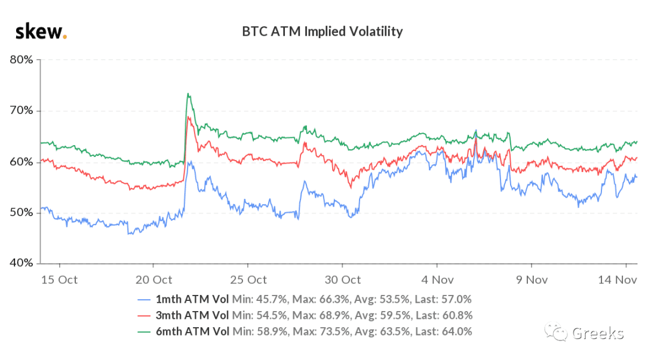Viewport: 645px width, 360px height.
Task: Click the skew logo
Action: (x=41, y=32)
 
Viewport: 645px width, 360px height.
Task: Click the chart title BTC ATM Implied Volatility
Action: (x=322, y=32)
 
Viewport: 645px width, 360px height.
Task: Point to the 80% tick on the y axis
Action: (x=21, y=60)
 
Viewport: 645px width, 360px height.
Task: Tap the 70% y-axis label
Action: (x=21, y=110)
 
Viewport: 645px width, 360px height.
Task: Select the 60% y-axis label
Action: (x=21, y=162)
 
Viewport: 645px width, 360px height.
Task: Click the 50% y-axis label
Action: (x=21, y=213)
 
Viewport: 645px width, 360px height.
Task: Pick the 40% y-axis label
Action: (x=21, y=263)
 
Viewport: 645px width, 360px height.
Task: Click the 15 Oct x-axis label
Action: (x=59, y=280)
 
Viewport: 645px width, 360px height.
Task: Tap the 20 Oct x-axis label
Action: (x=153, y=280)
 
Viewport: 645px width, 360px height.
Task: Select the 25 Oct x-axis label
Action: (x=248, y=280)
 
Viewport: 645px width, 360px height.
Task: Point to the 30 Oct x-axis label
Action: (x=343, y=280)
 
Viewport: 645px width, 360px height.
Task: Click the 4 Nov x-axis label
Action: (x=437, y=280)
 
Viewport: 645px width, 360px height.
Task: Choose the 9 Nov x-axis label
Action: (x=532, y=280)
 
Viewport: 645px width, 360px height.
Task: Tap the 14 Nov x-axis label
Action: (x=617, y=280)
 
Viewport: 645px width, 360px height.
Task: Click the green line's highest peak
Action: (x=188, y=93)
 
